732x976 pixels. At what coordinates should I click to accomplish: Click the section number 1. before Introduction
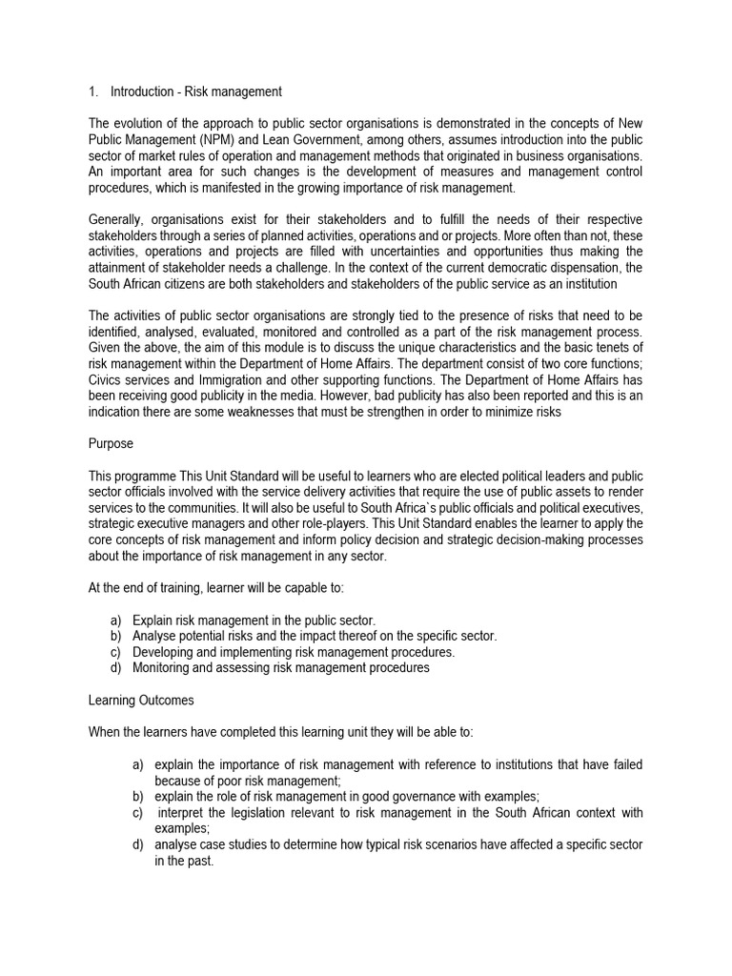click(x=92, y=91)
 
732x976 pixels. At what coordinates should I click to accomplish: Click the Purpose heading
click(x=112, y=444)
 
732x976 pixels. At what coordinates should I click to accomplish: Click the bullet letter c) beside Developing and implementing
click(x=116, y=652)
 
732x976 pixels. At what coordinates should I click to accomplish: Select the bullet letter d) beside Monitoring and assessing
click(x=116, y=667)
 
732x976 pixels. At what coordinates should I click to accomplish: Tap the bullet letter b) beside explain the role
click(x=138, y=796)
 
